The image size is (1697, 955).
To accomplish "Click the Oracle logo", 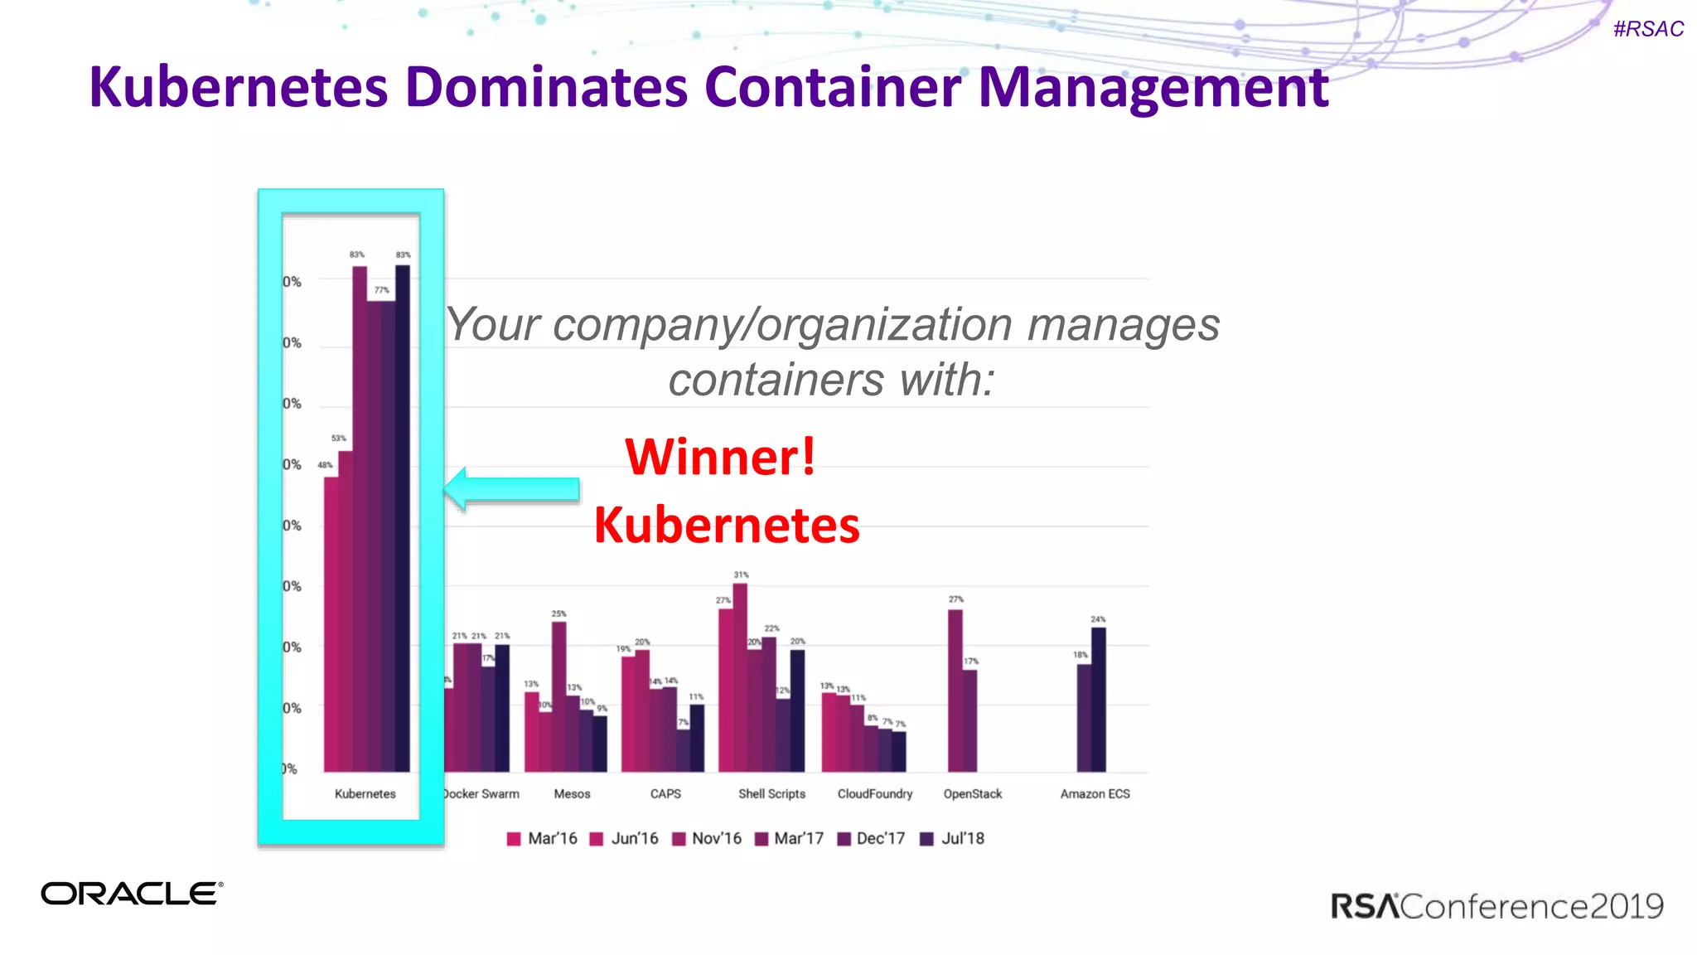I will click(x=132, y=894).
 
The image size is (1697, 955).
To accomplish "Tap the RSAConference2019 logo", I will click(x=1496, y=906).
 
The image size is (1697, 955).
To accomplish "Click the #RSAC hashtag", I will click(x=1648, y=29).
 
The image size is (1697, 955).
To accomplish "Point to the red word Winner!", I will click(x=720, y=457).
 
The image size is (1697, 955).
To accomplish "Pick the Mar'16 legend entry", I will click(x=542, y=838).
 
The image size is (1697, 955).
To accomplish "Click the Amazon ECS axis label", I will click(x=1095, y=793).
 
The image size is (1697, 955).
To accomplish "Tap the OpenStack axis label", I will click(x=972, y=793).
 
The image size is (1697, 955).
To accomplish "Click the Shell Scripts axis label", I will click(x=771, y=793).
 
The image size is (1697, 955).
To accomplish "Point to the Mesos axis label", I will click(x=572, y=793).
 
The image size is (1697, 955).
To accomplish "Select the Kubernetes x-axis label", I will click(x=365, y=793).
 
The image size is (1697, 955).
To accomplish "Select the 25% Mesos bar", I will click(x=559, y=696).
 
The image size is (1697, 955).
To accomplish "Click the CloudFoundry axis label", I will click(x=874, y=793).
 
